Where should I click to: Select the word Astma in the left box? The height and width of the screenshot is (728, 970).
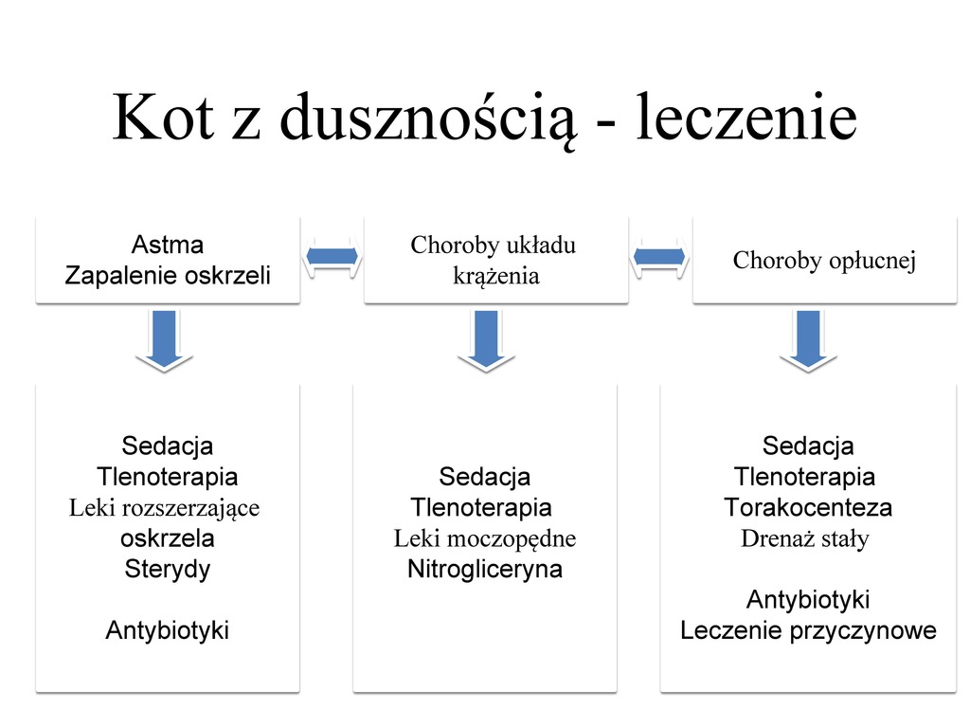168,245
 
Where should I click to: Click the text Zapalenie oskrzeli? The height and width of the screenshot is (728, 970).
168,276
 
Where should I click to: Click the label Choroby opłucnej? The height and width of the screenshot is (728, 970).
824,261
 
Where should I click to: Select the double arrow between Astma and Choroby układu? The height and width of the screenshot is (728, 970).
332,256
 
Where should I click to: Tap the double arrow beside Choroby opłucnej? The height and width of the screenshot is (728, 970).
659,256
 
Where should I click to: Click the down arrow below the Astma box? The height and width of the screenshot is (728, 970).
165,340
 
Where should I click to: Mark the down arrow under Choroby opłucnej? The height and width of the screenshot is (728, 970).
808,340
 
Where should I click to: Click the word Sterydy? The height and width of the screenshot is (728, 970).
168,570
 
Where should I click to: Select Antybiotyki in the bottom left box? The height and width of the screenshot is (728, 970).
168,630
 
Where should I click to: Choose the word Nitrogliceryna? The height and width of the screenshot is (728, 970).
485,570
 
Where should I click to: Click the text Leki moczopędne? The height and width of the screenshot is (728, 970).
485,539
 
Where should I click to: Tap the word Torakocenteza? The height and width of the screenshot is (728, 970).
808,507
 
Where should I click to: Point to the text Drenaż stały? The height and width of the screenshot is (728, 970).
805,539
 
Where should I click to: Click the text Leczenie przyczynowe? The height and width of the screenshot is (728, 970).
808,630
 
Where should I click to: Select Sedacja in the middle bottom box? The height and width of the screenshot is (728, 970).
485,476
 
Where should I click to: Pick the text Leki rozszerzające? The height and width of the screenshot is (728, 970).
165,508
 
